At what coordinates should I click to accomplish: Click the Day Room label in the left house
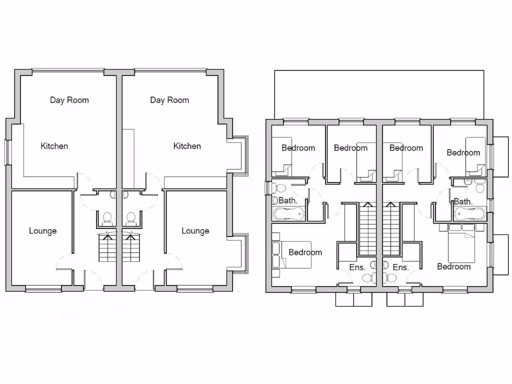pyautogui.click(x=69, y=100)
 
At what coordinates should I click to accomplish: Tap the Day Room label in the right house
pyautogui.click(x=169, y=100)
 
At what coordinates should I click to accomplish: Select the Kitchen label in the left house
pyautogui.click(x=54, y=146)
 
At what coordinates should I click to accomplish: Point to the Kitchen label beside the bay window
pyautogui.click(x=187, y=146)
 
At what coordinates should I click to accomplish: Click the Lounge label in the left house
pyautogui.click(x=42, y=231)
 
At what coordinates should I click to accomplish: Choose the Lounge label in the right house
pyautogui.click(x=195, y=231)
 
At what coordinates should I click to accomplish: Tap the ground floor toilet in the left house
pyautogui.click(x=106, y=217)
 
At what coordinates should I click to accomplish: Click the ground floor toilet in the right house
pyautogui.click(x=131, y=217)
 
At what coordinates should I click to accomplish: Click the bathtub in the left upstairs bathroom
pyautogui.click(x=288, y=214)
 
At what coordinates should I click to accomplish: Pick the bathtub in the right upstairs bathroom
pyautogui.click(x=469, y=214)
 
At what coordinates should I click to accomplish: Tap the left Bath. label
pyautogui.click(x=288, y=200)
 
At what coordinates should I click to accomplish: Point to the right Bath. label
pyautogui.click(x=463, y=201)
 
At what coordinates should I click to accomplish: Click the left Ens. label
pyautogui.click(x=357, y=267)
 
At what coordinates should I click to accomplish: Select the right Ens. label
pyautogui.click(x=400, y=267)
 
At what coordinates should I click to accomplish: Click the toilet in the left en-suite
pyautogui.click(x=367, y=278)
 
